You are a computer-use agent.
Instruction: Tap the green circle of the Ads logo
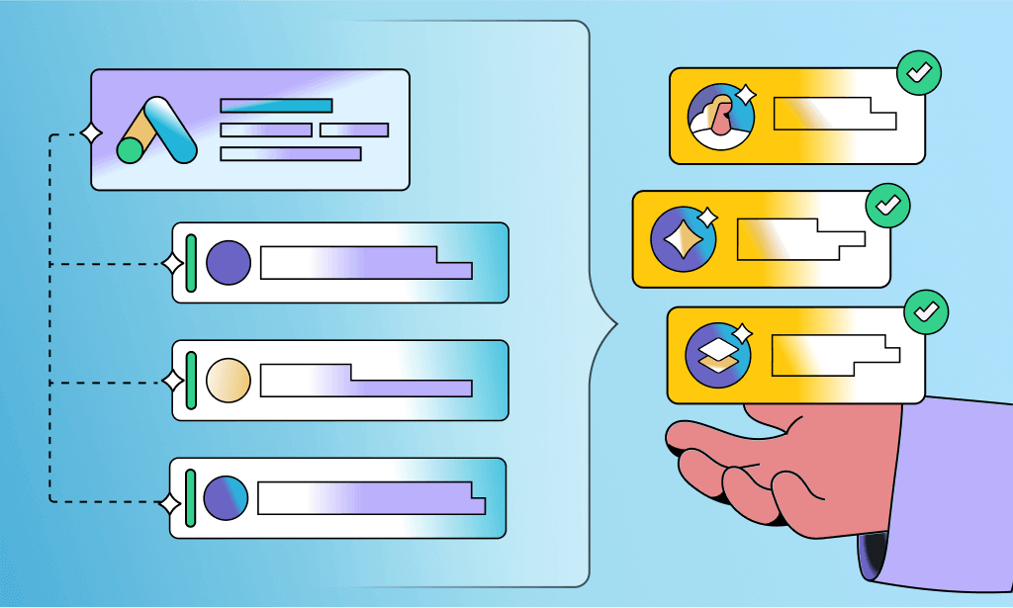[x=131, y=149]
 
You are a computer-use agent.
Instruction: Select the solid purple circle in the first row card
[x=229, y=262]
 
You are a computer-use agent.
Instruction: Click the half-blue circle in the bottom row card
[x=226, y=497]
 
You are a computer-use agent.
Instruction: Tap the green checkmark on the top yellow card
[x=919, y=72]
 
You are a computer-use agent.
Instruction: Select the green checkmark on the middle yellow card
[x=888, y=206]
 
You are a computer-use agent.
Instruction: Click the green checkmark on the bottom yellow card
[x=926, y=311]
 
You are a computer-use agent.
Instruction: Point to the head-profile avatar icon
[x=721, y=116]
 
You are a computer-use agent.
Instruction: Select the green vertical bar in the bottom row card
[x=191, y=497]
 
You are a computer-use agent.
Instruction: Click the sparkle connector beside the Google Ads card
[x=91, y=132]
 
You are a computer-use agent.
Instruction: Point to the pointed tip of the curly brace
[x=616, y=322]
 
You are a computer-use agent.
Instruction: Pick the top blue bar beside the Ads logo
[x=276, y=106]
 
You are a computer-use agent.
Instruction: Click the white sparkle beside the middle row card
[x=173, y=381]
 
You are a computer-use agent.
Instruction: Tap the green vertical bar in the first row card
[x=192, y=263]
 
